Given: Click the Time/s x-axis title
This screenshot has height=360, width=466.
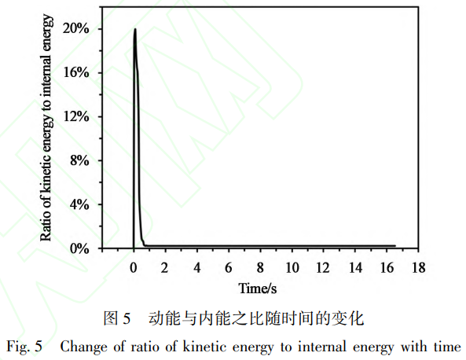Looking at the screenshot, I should pos(259,288).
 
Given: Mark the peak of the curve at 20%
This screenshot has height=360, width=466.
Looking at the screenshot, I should pos(135,30).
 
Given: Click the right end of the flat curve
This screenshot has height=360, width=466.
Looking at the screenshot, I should pos(394,245).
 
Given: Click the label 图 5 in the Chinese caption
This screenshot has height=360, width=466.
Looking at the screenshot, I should pos(116,318).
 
